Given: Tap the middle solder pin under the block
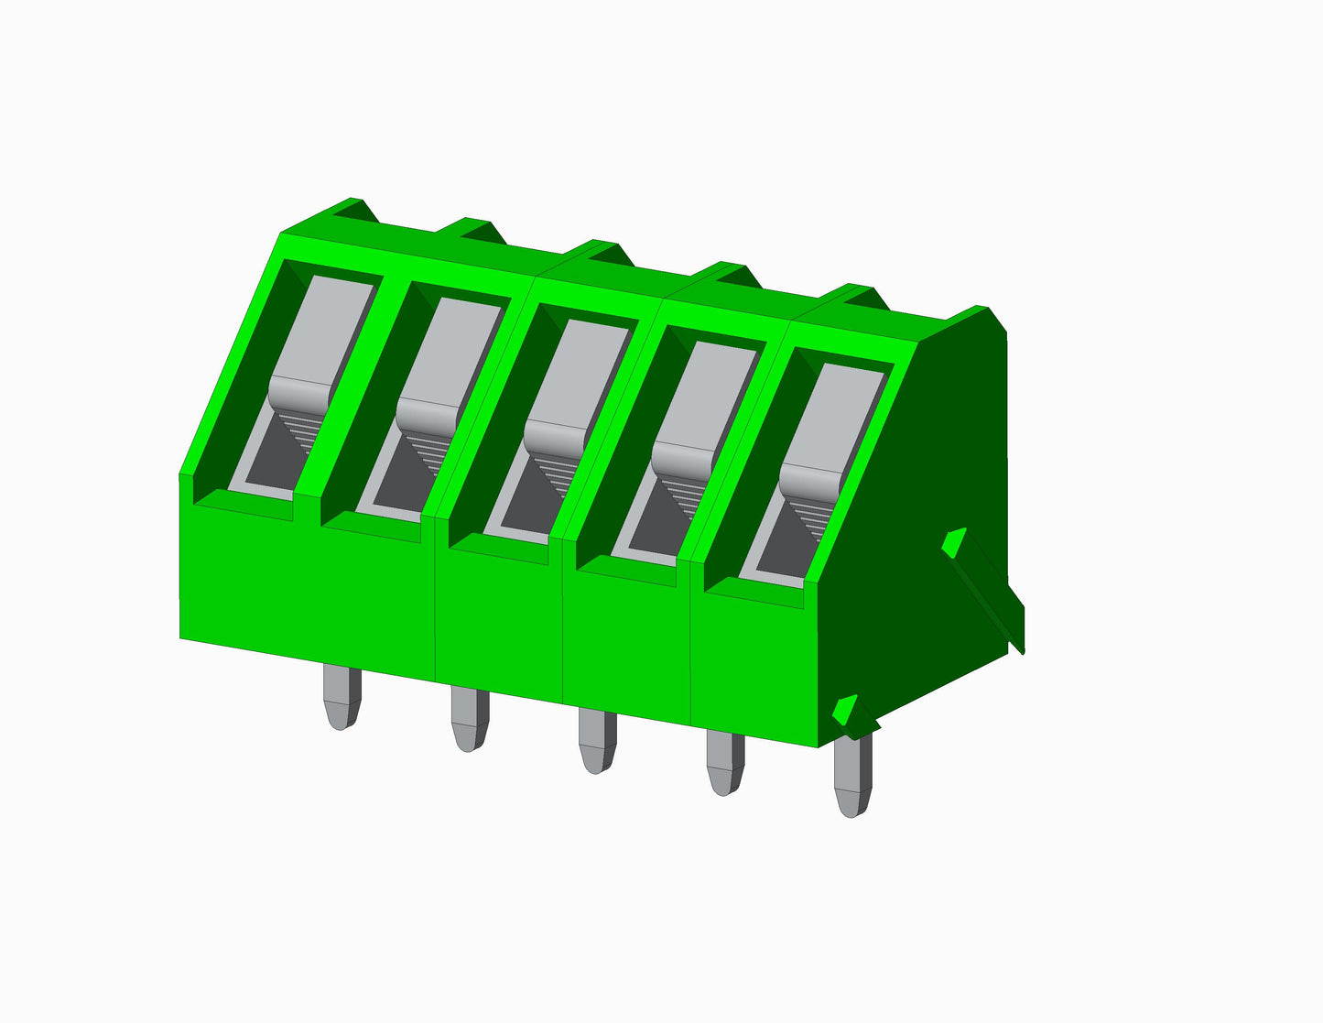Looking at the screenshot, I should (597, 741).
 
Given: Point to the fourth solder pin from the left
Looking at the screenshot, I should (724, 764).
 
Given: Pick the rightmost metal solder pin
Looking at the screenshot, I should (852, 777).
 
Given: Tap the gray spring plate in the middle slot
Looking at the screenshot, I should (579, 374).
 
